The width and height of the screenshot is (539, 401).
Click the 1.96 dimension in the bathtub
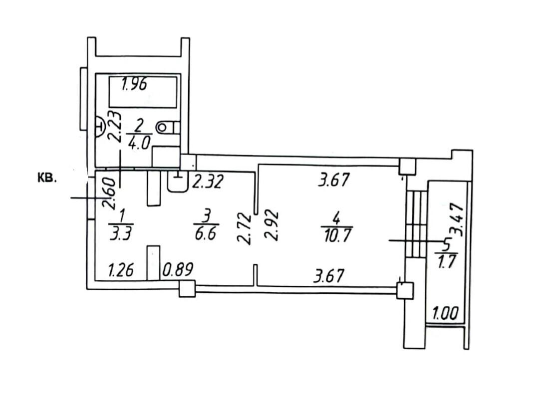(134, 84)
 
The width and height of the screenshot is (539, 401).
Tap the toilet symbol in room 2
(168, 128)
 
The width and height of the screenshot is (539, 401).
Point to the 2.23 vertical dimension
(115, 126)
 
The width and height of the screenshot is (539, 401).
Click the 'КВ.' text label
(46, 179)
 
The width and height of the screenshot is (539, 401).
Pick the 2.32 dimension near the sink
(208, 182)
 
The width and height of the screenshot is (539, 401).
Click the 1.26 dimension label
(121, 270)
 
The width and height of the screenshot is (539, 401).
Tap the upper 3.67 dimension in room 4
(334, 180)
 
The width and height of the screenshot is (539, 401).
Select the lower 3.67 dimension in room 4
(329, 276)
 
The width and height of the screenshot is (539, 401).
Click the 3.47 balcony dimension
(459, 220)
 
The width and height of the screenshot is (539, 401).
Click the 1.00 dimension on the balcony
(446, 314)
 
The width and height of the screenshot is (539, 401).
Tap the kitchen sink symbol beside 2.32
(178, 182)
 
